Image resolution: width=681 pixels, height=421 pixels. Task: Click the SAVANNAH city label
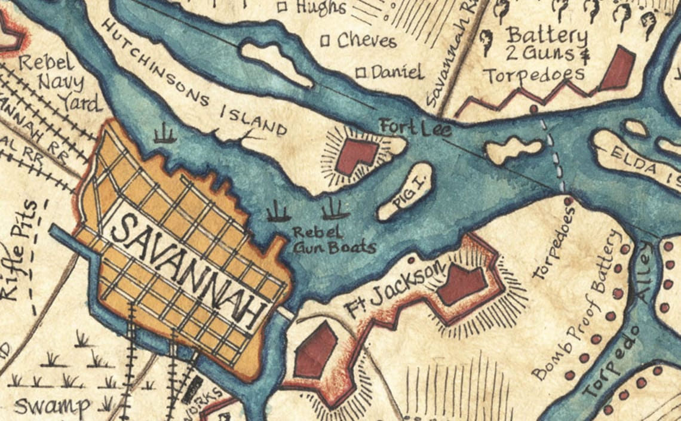(188, 266)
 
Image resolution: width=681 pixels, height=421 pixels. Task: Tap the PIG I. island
(405, 192)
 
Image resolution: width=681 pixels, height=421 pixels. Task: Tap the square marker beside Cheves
(326, 41)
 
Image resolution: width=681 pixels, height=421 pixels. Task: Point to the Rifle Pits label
(18, 251)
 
